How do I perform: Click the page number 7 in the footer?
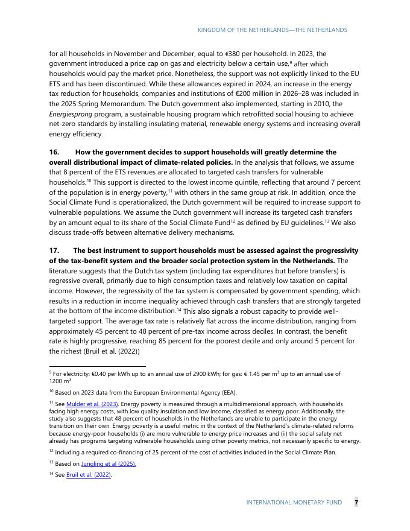(x=356, y=502)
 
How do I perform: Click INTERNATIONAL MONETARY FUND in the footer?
(x=294, y=502)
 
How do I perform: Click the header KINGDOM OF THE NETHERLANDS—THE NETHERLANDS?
(x=273, y=30)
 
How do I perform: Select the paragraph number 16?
(x=54, y=152)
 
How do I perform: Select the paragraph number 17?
(x=54, y=250)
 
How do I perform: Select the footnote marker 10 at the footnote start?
(x=51, y=392)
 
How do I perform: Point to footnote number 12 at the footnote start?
(x=51, y=451)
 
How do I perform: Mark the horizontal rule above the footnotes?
(x=97, y=366)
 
